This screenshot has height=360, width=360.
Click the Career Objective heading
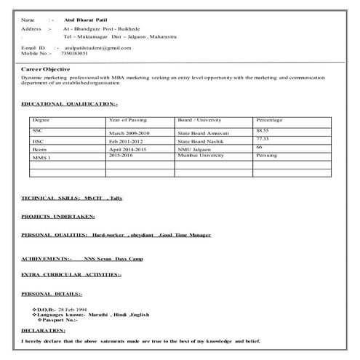[45, 68]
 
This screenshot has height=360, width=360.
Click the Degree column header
[41, 119]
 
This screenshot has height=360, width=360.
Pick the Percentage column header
[269, 119]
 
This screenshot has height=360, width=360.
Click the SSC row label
[38, 129]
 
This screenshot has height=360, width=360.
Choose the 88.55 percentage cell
[263, 129]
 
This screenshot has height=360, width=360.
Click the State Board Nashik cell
[202, 142]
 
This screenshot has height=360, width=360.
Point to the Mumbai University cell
[204, 156]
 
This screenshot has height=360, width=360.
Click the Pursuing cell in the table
[267, 156]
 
